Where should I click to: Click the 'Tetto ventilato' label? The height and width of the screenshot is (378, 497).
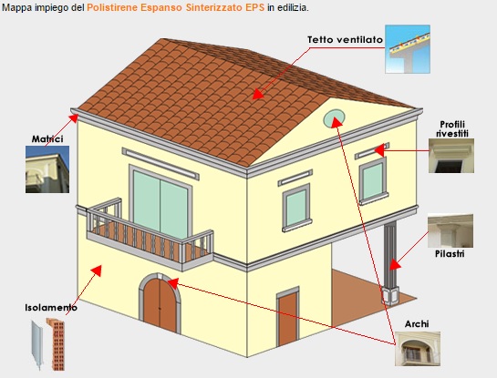coord(345,40)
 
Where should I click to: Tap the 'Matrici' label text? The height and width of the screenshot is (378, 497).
coord(47,139)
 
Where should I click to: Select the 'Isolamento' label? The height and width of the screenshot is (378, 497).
coord(51,308)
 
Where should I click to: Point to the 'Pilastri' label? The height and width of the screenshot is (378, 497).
coord(450,254)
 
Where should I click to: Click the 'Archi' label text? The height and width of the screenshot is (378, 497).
coord(417,324)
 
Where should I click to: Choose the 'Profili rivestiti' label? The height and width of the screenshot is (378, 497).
coord(452,128)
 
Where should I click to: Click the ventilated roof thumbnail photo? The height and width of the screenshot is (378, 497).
coord(408,49)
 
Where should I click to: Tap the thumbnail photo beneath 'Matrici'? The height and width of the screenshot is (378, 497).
coord(47,169)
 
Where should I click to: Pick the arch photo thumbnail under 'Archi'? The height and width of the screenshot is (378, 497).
coord(418,349)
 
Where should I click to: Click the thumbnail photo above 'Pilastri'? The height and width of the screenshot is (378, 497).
coord(450,230)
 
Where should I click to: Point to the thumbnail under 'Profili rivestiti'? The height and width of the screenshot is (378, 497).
coord(451,156)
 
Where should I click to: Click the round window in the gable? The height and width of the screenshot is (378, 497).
coord(334,118)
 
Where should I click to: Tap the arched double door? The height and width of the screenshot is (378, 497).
coord(160,304)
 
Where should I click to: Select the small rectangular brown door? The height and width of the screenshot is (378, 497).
coord(288,317)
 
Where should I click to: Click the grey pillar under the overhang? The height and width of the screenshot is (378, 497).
coord(390,262)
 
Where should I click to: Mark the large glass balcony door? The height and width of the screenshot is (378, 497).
coord(160,202)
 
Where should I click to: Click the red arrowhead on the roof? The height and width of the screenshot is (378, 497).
coord(258,94)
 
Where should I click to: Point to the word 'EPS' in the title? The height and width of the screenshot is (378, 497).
coord(254,7)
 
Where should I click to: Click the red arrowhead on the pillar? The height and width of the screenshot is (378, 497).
coord(395,265)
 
